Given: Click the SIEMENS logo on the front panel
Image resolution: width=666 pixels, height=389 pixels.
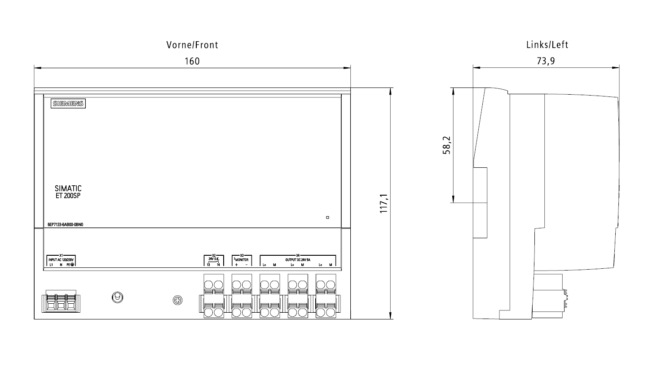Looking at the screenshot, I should point(68,104).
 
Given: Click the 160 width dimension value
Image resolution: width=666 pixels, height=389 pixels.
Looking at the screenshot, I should point(192,61).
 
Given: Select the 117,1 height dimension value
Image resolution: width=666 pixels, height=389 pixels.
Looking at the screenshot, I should point(384,204).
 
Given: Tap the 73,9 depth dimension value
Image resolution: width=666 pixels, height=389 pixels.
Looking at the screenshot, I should point(546,61).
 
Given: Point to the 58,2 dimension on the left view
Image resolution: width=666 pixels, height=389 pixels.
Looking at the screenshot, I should point(446,145).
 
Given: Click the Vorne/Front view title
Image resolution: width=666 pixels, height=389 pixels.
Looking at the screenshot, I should point(192,45).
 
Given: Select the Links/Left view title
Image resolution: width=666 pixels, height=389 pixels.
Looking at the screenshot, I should point(547,45).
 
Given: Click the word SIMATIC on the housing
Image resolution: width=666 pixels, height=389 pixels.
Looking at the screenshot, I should point(68,188).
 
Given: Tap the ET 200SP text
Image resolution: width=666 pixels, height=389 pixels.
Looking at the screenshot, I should point(68,196).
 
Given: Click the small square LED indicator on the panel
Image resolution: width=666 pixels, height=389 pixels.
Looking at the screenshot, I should point(327,218).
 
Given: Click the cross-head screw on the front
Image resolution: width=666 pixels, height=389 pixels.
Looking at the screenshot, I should point(178,301).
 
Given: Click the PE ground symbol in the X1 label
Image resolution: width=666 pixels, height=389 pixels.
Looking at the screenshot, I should point(72,265).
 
